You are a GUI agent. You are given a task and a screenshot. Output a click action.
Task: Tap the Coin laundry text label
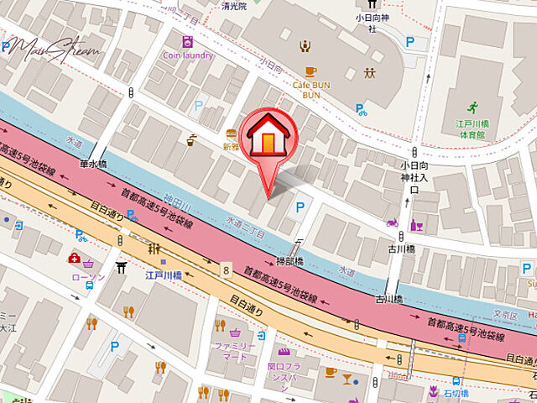tap(188, 55)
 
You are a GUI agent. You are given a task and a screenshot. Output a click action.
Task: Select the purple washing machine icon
tap(188, 40)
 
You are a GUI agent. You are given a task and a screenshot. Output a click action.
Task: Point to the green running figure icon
tap(473, 107)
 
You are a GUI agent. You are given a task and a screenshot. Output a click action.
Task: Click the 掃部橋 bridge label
tap(290, 262)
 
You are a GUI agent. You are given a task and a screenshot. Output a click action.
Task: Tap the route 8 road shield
tap(226, 269)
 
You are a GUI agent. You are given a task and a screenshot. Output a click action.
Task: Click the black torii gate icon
tap(122, 267)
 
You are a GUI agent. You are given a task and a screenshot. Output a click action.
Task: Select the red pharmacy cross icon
tap(75, 259)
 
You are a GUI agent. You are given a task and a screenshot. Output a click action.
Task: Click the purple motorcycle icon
tap(391, 223)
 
